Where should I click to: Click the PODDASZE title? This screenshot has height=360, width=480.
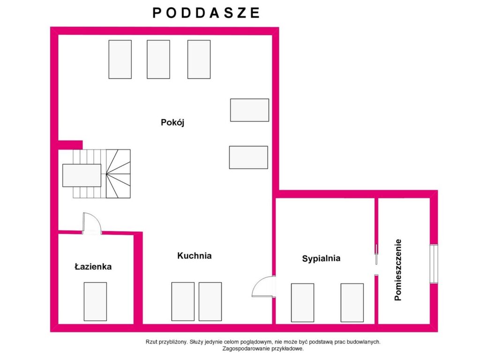pos(206,13)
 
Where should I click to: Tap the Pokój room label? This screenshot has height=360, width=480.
pos(172,122)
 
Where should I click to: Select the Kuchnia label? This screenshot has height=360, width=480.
pos(195,255)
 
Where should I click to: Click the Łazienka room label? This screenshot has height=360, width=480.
pos(93,266)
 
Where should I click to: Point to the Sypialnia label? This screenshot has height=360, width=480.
pos(321,258)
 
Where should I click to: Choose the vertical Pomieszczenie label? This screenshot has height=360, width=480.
pos(397,270)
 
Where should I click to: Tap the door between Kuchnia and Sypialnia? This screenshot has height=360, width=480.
pos(262,286)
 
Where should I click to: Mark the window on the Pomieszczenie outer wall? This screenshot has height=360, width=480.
pos(434,263)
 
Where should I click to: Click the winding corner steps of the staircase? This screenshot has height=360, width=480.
pos(118,174)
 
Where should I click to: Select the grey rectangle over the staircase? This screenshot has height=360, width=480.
pos(82,175)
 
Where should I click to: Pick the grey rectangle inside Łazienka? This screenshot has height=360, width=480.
pos(95,301)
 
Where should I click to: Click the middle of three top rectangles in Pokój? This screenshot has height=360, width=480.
pos(158,60)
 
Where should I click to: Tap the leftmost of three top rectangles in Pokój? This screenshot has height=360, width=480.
pos(120,60)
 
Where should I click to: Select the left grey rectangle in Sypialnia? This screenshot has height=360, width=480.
pos(302,302)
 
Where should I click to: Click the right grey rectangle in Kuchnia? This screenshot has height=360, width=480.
pos(210,301)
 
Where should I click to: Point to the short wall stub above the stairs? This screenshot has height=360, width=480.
pos(70,145)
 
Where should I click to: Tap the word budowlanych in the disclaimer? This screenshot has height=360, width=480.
pos(367,342)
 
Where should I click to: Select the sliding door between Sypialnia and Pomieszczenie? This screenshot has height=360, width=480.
pos(376,254)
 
